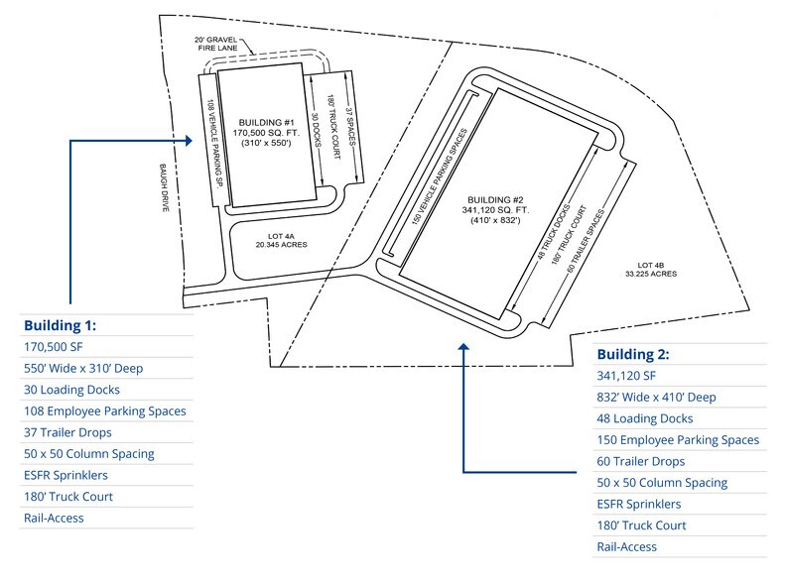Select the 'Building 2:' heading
point(632,354)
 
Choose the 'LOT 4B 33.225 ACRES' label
point(657,269)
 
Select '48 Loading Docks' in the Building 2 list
point(644,418)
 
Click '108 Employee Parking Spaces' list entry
point(104,410)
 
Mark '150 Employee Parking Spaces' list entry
point(678,440)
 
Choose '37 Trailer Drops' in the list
point(66,432)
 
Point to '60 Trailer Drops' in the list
point(641,461)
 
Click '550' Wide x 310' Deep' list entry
point(82,368)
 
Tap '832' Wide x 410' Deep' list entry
point(656,397)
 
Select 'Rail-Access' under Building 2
point(626,546)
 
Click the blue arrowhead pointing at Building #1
point(193,141)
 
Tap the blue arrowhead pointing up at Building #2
point(464,347)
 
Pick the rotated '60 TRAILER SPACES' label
point(596,242)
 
